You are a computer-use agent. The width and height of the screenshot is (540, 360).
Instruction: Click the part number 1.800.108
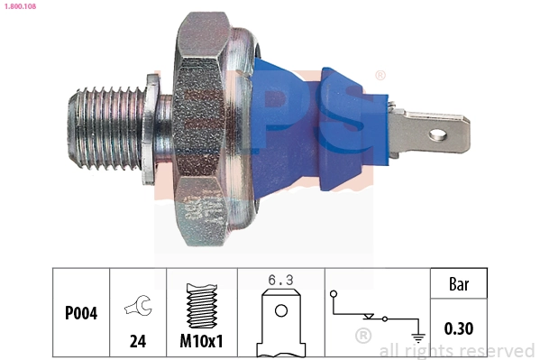click(18, 5)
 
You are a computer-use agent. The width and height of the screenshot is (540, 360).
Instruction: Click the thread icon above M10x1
click(202, 308)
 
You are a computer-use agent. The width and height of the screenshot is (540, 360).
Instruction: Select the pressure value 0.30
click(460, 329)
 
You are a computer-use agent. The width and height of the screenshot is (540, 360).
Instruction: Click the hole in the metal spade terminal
click(439, 135)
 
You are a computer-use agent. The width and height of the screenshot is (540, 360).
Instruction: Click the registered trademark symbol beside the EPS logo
click(380, 76)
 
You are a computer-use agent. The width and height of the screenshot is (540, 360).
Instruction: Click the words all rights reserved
click(457, 350)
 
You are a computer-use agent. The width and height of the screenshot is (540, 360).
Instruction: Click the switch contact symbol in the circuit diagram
click(371, 317)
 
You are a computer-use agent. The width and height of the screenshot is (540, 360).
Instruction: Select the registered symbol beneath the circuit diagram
click(363, 337)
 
